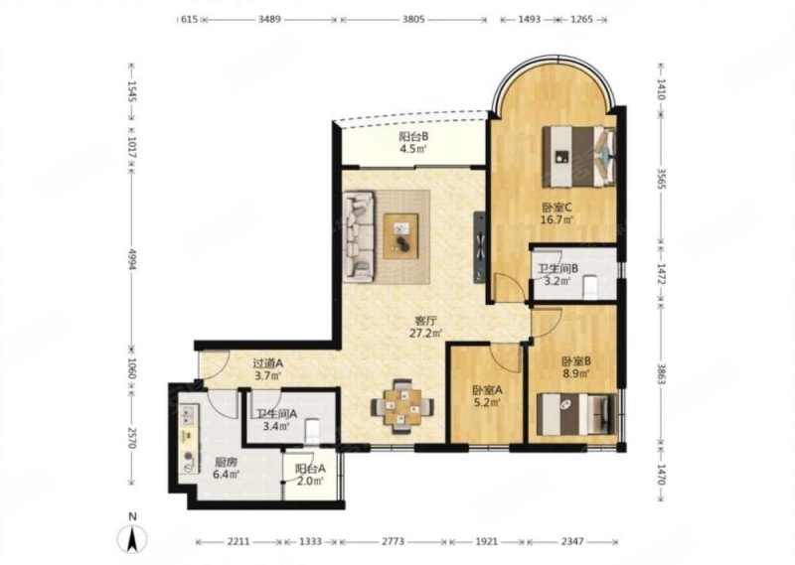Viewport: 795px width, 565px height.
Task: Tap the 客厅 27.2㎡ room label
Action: tap(426, 327)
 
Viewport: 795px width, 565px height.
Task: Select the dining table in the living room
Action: tap(402, 406)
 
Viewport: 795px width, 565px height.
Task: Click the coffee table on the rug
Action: tap(400, 236)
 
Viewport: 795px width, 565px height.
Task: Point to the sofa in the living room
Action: tap(359, 236)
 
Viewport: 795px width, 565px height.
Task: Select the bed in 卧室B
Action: tap(577, 414)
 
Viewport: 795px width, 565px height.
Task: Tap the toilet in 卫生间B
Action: tap(590, 287)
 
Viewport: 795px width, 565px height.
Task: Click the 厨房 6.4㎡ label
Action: tap(227, 468)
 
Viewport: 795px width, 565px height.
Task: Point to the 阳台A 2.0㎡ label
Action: tap(310, 475)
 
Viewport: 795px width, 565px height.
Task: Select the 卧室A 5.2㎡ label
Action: tap(487, 396)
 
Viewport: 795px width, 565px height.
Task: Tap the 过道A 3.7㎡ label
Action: tap(267, 369)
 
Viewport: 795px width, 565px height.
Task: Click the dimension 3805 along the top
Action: tap(413, 20)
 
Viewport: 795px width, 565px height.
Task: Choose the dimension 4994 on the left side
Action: tap(131, 259)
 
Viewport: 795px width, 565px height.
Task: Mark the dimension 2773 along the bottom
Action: tap(393, 542)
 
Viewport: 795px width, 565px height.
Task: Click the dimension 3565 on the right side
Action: tap(661, 179)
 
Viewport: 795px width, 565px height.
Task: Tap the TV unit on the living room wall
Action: tap(480, 247)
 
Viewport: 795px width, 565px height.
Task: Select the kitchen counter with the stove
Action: tap(189, 438)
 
